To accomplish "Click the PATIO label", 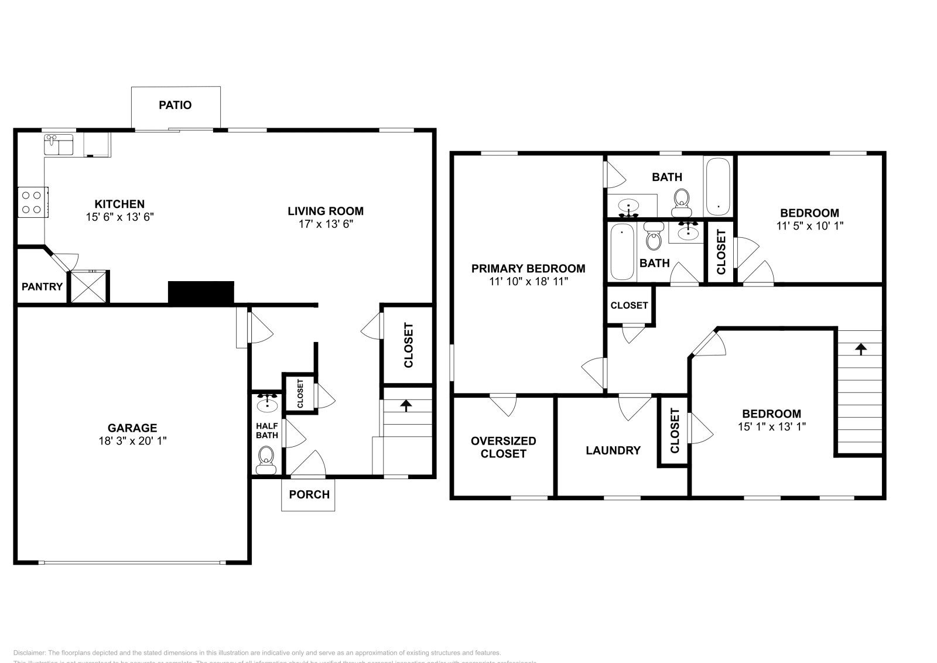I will [x=175, y=105].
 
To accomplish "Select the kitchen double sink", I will [x=59, y=145].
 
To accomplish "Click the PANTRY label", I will [x=42, y=287].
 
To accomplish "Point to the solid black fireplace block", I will [x=201, y=293].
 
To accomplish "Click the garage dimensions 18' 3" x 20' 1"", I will [x=132, y=441].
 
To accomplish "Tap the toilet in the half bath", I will [x=266, y=459].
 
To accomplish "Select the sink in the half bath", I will [x=267, y=402].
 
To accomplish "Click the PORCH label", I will [x=309, y=495].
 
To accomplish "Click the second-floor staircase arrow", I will [x=860, y=350].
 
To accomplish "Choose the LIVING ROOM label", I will [x=326, y=211].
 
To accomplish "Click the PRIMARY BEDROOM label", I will [x=528, y=269].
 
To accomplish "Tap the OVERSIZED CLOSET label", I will [x=504, y=447].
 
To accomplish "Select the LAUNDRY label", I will [x=613, y=450].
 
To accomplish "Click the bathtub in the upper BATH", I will [x=717, y=186].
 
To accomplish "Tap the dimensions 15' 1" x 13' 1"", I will [x=772, y=427].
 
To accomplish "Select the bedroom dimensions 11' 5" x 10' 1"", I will [x=809, y=226].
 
